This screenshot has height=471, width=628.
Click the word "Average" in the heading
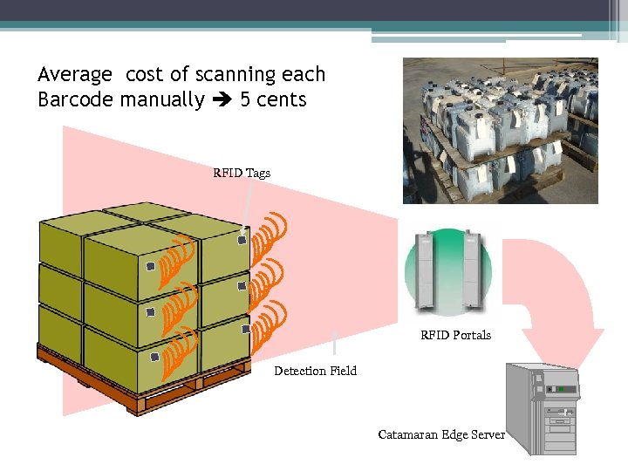click(x=75, y=75)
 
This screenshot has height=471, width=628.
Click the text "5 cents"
click(x=273, y=99)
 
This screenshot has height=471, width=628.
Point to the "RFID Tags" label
click(x=242, y=173)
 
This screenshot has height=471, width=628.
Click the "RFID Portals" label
click(x=455, y=335)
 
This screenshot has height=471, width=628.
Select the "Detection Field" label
click(x=315, y=371)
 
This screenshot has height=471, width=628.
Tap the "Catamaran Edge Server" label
click(x=441, y=434)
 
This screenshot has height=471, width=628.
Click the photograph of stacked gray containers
click(x=500, y=131)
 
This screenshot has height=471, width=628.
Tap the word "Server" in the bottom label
click(x=488, y=434)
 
